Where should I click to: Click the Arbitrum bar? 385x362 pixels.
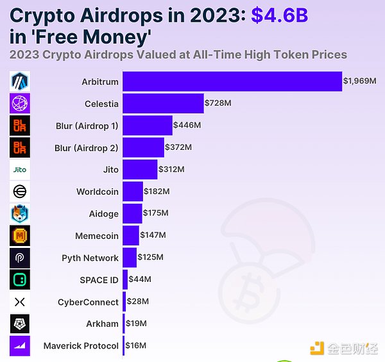click(232, 82)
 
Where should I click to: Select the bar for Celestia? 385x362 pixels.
click(162, 104)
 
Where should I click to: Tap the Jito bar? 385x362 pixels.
click(140, 170)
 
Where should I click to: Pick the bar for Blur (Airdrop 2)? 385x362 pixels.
click(143, 148)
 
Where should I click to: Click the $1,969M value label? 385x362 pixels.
click(359, 81)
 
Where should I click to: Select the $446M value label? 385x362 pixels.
click(187, 126)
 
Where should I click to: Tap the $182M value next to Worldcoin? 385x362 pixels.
click(157, 192)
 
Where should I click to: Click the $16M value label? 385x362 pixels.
click(136, 346)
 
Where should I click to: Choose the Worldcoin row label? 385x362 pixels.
click(98, 192)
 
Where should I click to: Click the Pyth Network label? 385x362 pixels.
click(90, 258)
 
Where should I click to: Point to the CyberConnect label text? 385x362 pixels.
click(88, 302)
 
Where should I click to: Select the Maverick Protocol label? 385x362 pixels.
click(81, 346)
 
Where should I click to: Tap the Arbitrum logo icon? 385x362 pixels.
click(20, 82)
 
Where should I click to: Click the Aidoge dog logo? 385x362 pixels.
click(20, 213)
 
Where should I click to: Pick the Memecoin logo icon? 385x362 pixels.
click(20, 236)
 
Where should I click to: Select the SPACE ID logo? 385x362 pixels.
click(20, 279)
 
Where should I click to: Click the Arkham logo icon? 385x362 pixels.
click(20, 324)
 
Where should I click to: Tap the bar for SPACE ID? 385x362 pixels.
click(125, 280)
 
